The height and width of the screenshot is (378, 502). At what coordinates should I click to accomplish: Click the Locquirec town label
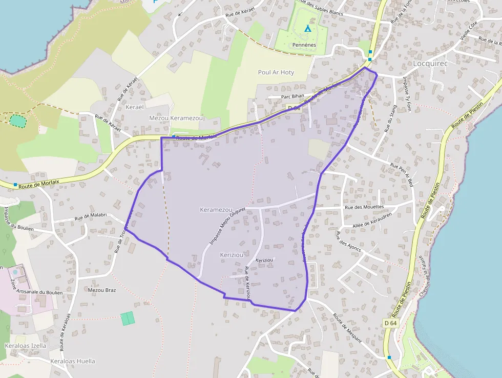[x=433, y=64]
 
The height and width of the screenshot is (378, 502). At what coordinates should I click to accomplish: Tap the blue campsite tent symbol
[x=308, y=29]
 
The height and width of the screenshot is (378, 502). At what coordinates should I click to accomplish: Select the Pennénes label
[x=304, y=45]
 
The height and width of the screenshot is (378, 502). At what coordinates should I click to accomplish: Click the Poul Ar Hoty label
[x=276, y=72]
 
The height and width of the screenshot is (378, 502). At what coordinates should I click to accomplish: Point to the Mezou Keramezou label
[x=176, y=118]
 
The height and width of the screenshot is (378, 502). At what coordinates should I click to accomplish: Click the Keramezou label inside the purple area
[x=217, y=210]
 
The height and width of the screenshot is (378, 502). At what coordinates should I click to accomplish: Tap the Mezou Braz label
[x=102, y=290]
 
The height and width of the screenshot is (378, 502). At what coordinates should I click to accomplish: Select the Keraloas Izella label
[x=25, y=346]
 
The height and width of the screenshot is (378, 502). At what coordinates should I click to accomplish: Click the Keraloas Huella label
[x=73, y=361]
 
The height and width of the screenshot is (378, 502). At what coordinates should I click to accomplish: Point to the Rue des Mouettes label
[x=364, y=207]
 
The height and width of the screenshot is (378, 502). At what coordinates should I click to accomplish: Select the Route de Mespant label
[x=348, y=328]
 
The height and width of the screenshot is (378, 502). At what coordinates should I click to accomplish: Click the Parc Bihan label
[x=292, y=96]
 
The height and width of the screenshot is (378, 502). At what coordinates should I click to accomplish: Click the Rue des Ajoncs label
[x=348, y=242]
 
